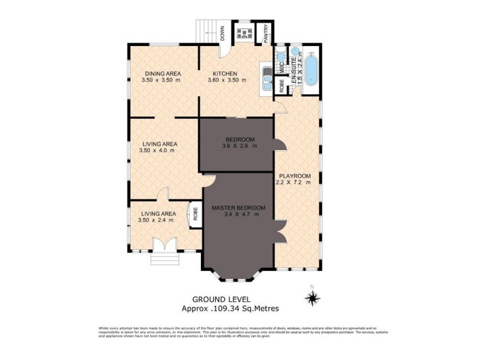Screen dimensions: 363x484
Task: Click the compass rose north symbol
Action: [312, 296]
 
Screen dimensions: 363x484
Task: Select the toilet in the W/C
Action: [280, 59]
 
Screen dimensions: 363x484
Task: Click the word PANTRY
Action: [265, 33]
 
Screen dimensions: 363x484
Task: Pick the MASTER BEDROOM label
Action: [239, 208]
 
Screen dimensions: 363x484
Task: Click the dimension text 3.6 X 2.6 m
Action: [240, 145]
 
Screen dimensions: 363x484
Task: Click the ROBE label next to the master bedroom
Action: [195, 214]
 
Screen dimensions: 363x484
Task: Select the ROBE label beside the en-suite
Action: [281, 85]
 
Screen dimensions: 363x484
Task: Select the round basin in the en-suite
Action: [295, 51]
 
